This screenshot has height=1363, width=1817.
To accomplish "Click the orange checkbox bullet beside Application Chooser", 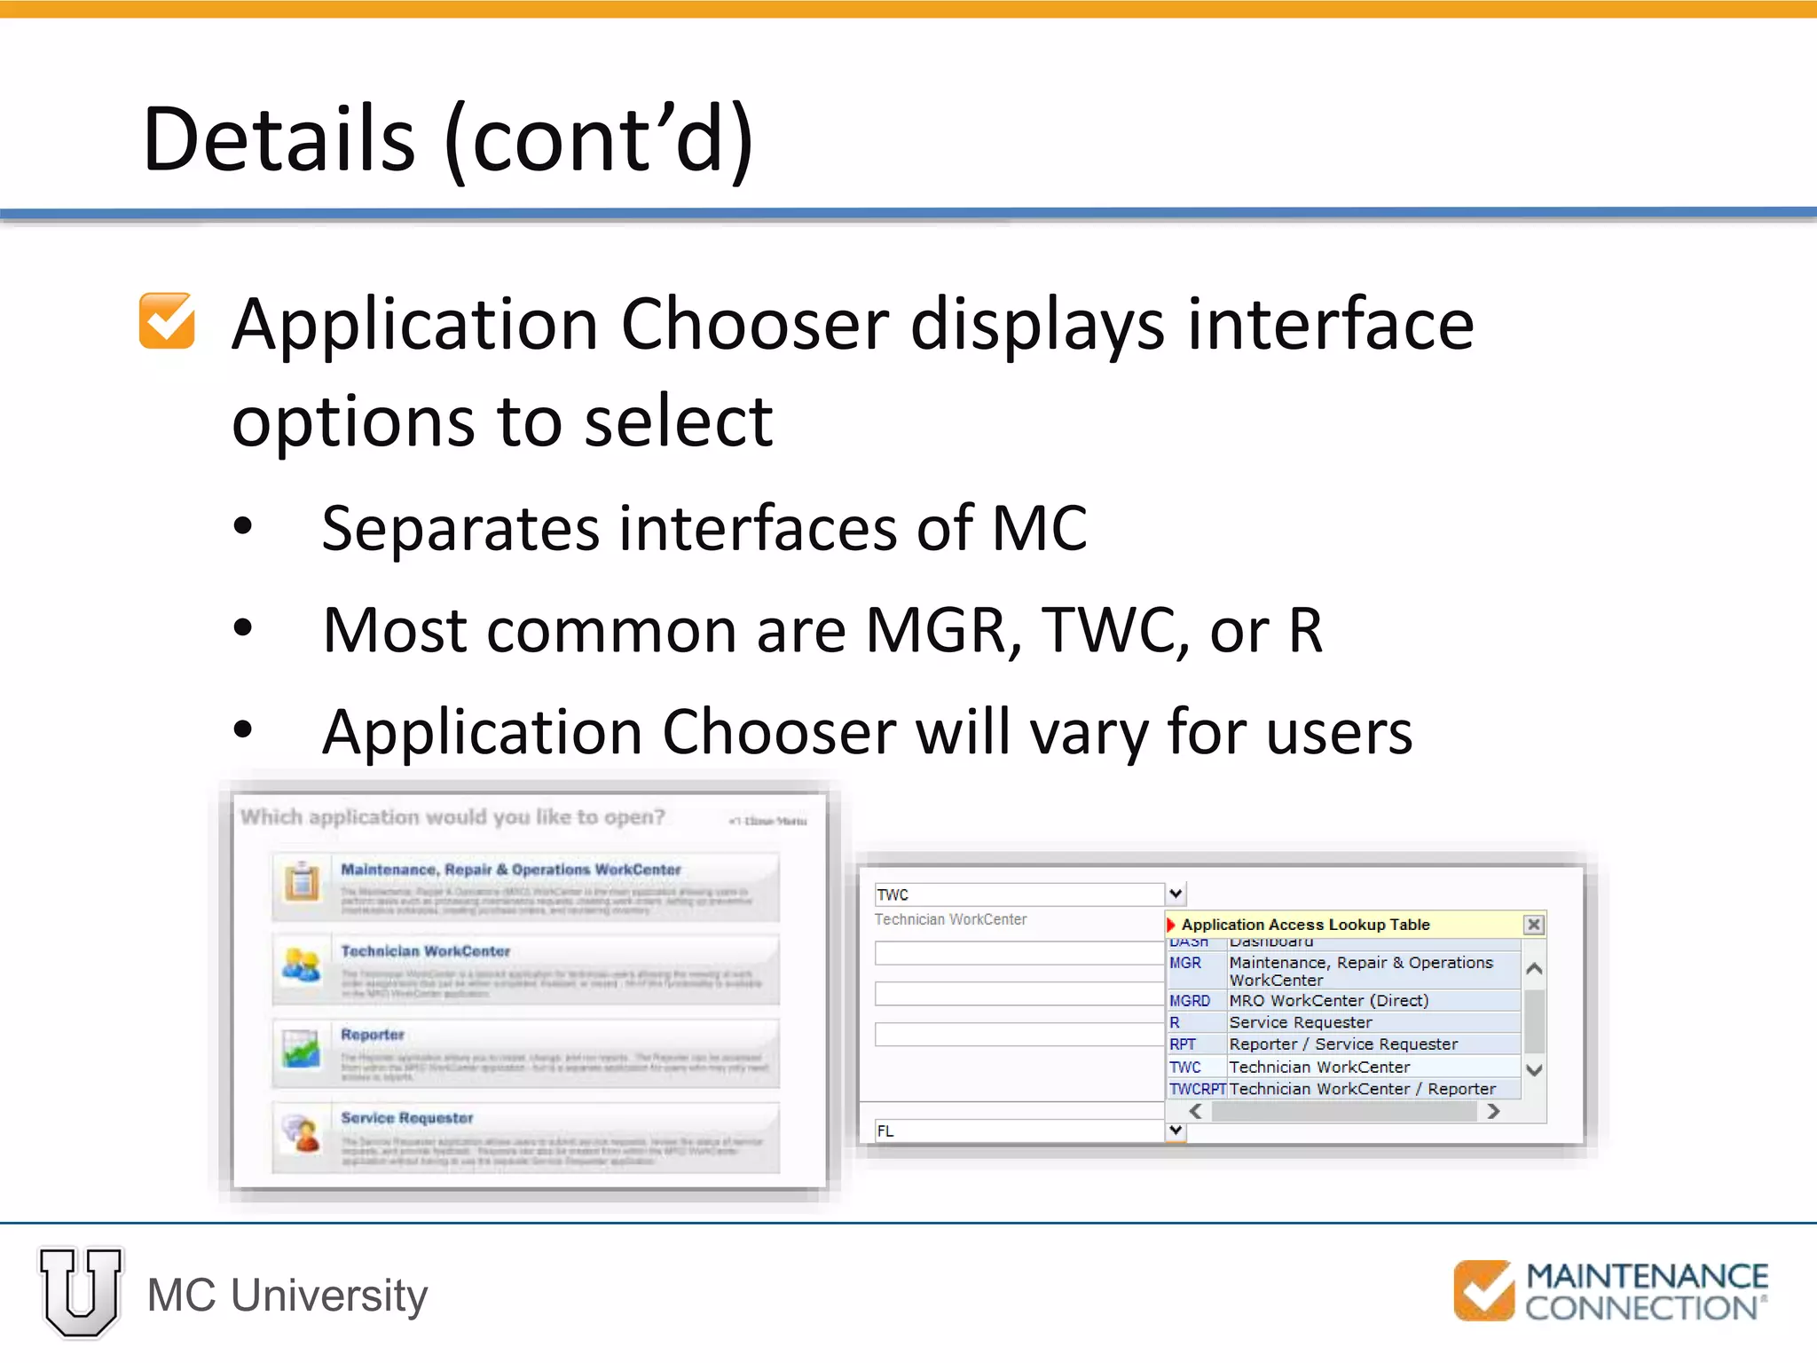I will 167,320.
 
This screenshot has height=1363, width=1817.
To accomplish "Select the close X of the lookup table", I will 1533,925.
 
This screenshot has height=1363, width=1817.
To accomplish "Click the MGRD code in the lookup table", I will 1190,1001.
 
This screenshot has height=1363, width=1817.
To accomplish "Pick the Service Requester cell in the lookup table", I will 1301,1022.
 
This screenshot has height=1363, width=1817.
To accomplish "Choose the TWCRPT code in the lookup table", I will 1197,1089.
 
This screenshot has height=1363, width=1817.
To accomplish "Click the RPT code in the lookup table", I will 1183,1044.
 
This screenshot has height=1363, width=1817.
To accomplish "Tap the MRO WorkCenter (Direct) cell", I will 1329,1001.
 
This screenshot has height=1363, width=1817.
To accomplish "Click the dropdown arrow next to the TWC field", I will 1176,894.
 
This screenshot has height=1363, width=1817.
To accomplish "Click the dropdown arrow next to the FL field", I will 1176,1131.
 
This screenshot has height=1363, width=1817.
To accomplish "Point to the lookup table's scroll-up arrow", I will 1534,969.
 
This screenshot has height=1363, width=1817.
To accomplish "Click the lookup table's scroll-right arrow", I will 1493,1111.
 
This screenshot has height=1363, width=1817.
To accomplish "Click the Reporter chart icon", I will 302,1050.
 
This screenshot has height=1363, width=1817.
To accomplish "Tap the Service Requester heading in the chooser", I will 407,1118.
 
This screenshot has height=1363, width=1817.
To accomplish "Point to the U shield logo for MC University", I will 81,1291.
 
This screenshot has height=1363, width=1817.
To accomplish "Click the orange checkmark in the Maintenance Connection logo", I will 1483,1290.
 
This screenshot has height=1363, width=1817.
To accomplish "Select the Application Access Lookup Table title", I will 1305,925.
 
